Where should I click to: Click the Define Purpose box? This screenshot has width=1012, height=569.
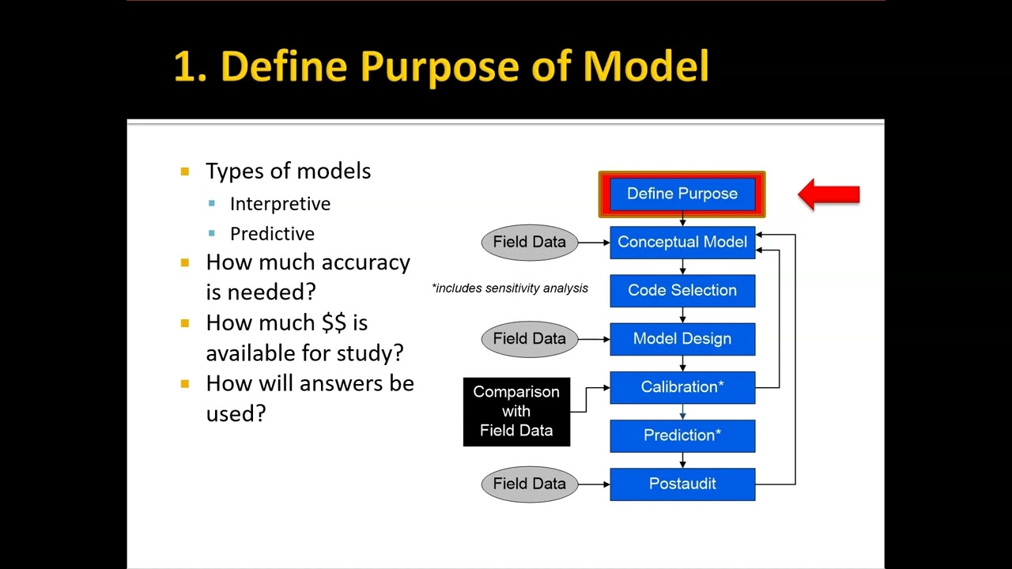coord(682,194)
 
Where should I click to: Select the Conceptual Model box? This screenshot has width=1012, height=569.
coord(682,242)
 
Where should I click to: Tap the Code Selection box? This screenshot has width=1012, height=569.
coord(682,290)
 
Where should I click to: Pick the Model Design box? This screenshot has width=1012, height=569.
coord(682,338)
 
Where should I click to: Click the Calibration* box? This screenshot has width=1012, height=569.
coord(682,387)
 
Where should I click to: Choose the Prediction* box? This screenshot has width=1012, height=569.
coord(682,435)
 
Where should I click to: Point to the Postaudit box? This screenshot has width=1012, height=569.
coord(682,484)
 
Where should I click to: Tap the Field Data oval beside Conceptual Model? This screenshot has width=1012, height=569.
coord(529,242)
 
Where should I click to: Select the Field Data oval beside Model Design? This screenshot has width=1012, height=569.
coord(529,338)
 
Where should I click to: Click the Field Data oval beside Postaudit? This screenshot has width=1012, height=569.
coord(529,484)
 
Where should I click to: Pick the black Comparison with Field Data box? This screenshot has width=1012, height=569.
coord(516,411)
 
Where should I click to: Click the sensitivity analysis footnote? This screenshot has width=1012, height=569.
coord(510,288)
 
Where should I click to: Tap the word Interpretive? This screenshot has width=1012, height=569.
coord(280,204)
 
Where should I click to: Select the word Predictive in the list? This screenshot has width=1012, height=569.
coord(272,234)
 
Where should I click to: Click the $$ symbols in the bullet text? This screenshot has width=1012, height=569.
coord(334,322)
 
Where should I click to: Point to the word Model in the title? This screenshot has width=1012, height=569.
coord(646,66)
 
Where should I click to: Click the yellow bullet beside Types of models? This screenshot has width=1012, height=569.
coord(185,171)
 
